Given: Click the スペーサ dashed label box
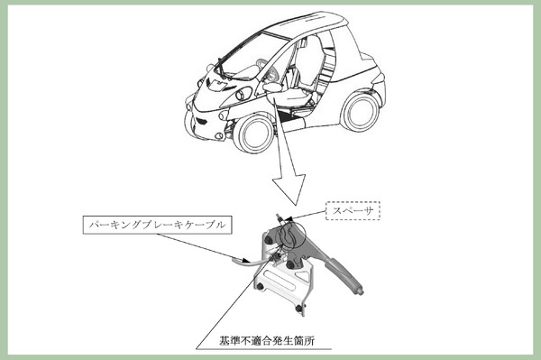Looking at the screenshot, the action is click(353, 210).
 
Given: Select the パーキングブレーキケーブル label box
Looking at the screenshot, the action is click(157, 225).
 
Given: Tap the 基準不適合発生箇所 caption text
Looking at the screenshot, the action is click(267, 341).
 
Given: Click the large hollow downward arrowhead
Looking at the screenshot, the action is click(289, 189).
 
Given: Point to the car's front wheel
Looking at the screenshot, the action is click(253, 134).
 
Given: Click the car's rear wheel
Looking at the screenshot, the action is click(360, 111).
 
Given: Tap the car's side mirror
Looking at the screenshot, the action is click(272, 87).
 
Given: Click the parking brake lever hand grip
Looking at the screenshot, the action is click(345, 275).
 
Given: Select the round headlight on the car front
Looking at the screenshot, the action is click(244, 94).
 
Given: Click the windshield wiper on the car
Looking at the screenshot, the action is click(221, 69).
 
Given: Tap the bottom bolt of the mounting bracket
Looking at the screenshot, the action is click(299, 308).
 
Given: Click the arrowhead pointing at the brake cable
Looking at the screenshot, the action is click(244, 260).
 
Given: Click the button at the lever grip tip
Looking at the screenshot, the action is click(361, 292).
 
